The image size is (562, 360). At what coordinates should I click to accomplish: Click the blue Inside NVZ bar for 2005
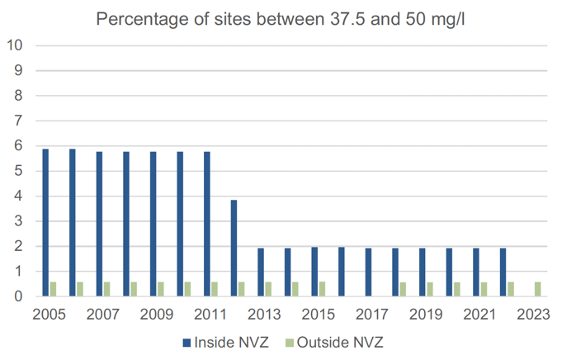point(46,223)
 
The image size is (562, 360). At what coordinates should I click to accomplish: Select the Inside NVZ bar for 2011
point(207,224)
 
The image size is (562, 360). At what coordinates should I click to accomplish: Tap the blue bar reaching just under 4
point(234,248)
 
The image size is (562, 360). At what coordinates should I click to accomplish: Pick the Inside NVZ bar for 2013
point(261,272)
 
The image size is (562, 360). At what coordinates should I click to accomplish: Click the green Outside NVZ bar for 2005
point(54,289)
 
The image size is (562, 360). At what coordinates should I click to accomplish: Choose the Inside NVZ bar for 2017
point(368,272)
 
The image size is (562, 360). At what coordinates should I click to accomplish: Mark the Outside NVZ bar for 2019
point(430,289)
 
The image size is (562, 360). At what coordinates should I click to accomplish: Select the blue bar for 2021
point(476,272)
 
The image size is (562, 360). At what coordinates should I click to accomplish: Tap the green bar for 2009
point(161,289)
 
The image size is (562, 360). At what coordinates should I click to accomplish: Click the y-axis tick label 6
point(17,146)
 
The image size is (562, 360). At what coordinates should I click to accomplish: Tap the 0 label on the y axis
point(17,296)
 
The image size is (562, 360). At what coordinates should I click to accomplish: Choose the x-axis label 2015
point(318,315)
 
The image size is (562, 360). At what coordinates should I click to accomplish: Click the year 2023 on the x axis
point(532,315)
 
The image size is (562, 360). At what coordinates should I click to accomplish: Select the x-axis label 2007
point(103,315)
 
